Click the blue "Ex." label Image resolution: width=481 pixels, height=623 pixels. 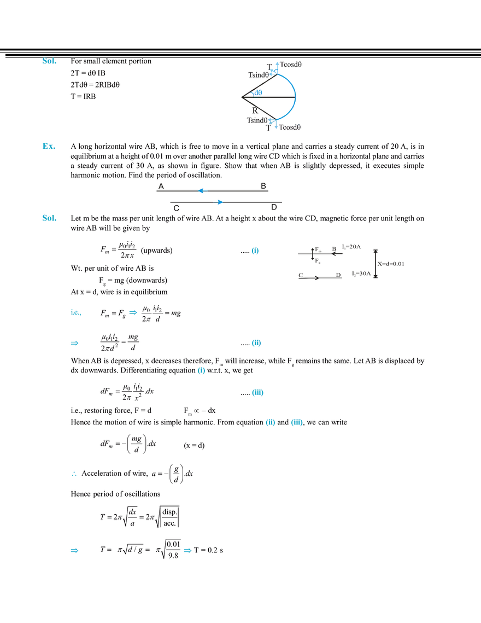coord(49,146)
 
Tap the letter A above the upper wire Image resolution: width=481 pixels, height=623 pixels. coord(161,187)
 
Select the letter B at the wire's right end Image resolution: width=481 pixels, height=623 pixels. coord(263,186)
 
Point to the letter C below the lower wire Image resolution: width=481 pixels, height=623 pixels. coord(177,208)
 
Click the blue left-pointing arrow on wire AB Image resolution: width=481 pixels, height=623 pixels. coord(203,191)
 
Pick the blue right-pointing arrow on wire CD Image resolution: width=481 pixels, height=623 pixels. coord(218,202)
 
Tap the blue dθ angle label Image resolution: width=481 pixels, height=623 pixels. coord(258,92)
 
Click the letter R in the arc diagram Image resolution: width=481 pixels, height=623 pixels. coord(255,110)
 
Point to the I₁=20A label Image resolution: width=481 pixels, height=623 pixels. coord(351,247)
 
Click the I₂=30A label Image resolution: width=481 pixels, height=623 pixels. coord(361,273)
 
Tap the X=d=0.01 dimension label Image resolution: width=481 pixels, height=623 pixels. coord(391,264)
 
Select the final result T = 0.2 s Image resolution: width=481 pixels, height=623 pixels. coord(209,550)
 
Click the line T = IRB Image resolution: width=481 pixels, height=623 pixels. coord(84,97)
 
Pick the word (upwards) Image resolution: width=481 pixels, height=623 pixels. coord(156,251)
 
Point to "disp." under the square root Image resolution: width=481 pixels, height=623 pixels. coord(169,512)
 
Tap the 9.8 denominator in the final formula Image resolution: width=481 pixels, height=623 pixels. coord(173,556)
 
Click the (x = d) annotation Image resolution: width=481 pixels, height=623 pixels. coord(194,445)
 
